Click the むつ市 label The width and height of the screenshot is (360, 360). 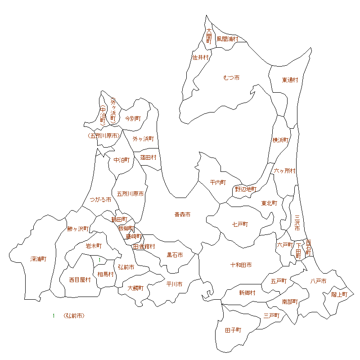click(231, 78)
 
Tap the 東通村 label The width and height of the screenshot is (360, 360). click(290, 80)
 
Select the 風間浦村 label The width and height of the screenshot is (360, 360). click(227, 39)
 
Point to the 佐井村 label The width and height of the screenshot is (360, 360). click(201, 58)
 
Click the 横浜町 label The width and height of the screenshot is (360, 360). click(280, 140)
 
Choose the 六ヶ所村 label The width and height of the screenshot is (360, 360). click(285, 171)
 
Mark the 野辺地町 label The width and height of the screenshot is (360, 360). click(246, 189)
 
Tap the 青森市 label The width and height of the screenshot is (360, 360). click(182, 215)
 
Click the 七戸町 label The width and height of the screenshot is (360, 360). click(240, 224)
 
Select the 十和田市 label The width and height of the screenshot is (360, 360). click(241, 265)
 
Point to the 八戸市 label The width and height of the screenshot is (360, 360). click(318, 281)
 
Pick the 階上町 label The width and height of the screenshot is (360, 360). click(339, 294)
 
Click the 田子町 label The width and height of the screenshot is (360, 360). click(233, 330)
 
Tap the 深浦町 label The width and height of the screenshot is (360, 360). click(38, 259)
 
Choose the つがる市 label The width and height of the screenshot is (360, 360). click(100, 199)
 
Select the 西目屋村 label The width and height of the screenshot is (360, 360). click(80, 279)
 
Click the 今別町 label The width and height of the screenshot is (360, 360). click(133, 118)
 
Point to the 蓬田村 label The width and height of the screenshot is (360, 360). click(148, 157)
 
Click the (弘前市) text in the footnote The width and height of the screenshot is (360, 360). click(74, 316)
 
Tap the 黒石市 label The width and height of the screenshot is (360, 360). click(175, 255)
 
